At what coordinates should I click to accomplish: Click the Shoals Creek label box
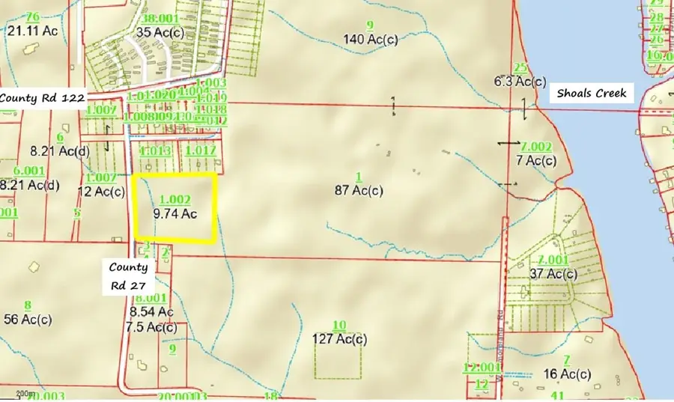click(592, 94)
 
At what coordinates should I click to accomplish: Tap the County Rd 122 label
click(43, 97)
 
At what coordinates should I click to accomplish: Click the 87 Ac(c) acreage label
click(358, 190)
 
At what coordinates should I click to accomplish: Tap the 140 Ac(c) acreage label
click(370, 39)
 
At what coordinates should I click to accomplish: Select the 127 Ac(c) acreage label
click(339, 338)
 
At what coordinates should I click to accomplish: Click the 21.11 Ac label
click(32, 31)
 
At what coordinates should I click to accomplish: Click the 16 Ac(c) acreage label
click(567, 374)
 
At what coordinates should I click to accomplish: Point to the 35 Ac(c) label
click(161, 32)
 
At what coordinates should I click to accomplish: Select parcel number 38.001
click(161, 18)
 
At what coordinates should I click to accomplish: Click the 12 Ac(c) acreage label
click(100, 191)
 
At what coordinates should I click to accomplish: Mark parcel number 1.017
click(200, 150)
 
